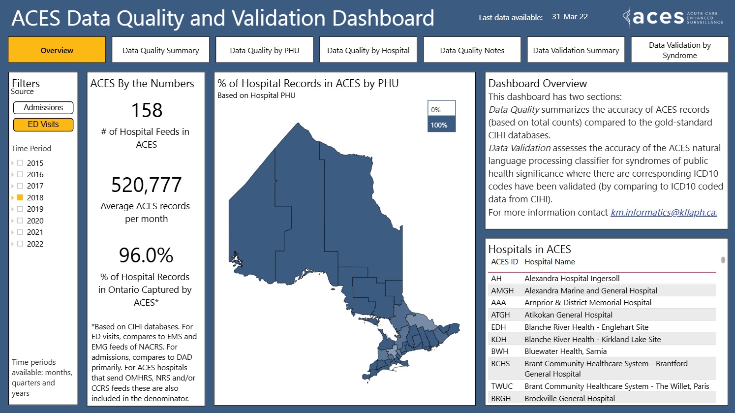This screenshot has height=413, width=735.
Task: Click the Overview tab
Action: (x=57, y=50)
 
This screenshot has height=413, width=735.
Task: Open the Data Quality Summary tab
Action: (x=160, y=50)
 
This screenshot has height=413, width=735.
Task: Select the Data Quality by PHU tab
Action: (x=264, y=50)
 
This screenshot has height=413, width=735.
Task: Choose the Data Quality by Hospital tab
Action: (x=368, y=50)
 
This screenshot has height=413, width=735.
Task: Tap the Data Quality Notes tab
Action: (x=472, y=50)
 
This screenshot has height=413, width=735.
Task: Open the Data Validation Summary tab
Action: (x=576, y=50)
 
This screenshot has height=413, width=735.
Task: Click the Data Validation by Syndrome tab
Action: (x=679, y=50)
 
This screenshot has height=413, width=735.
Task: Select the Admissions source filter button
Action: (x=43, y=108)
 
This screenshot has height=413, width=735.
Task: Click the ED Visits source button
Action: (x=43, y=125)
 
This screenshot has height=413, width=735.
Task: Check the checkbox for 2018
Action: (x=20, y=197)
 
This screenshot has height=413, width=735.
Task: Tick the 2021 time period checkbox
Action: (x=20, y=232)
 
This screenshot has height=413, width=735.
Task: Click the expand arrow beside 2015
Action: (x=13, y=163)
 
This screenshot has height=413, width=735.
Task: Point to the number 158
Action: (x=147, y=110)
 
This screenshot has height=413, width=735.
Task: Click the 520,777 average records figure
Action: (x=146, y=185)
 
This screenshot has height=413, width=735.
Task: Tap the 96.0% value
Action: (x=146, y=255)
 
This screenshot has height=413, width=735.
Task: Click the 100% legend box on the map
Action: (x=441, y=125)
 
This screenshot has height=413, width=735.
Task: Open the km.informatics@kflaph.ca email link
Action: (x=663, y=213)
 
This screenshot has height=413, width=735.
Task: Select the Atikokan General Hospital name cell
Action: (x=568, y=315)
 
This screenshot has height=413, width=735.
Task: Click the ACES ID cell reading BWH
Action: (x=499, y=351)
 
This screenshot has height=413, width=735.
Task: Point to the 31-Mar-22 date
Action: (x=570, y=17)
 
